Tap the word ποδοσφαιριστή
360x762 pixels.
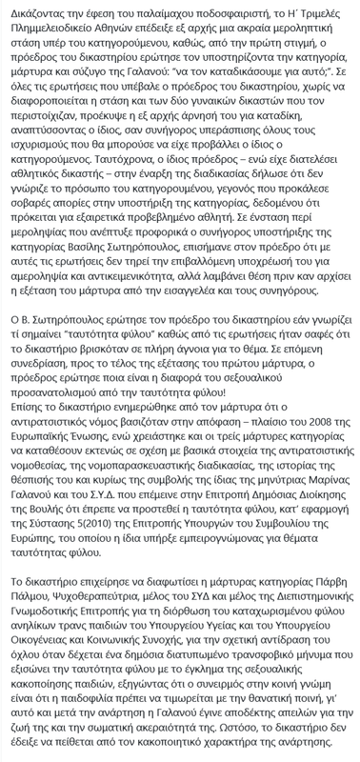tap(230, 11)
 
